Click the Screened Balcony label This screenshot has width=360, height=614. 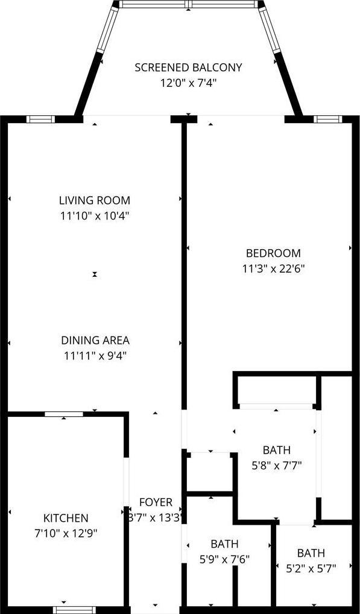[x=188, y=68]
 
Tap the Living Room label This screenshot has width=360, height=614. [x=94, y=200]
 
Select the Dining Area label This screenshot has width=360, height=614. [x=95, y=340]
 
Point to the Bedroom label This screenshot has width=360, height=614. [x=273, y=253]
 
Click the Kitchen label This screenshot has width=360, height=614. [x=65, y=518]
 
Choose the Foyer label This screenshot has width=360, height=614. [x=156, y=502]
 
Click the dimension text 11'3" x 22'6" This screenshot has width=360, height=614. [x=273, y=268]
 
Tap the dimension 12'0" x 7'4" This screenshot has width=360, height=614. [x=188, y=83]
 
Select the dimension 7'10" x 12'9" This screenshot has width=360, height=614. [x=65, y=533]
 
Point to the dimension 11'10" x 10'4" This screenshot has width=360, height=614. [x=94, y=216]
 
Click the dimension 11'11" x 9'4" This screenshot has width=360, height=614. [x=95, y=356]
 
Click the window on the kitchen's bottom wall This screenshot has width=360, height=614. [x=74, y=610]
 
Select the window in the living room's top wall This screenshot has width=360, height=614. [x=40, y=119]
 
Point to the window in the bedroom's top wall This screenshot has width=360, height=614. [x=328, y=119]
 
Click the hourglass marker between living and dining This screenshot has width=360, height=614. [x=94, y=274]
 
